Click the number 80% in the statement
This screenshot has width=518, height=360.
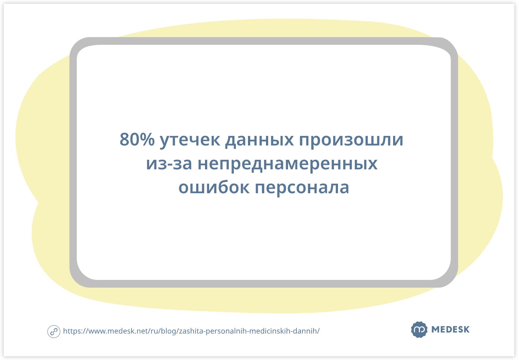[x=137, y=140]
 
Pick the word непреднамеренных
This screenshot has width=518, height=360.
[x=288, y=164]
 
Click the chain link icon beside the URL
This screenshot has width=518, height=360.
[x=54, y=331]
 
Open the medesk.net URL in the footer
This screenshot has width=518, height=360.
[x=191, y=331]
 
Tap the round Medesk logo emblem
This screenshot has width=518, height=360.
[x=419, y=330]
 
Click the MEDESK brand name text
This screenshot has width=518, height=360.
[x=450, y=330]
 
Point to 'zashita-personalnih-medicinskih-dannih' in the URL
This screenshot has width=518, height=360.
[x=249, y=331]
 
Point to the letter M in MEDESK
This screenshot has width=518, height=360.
[x=436, y=330]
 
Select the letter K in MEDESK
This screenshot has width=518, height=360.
[x=466, y=330]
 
